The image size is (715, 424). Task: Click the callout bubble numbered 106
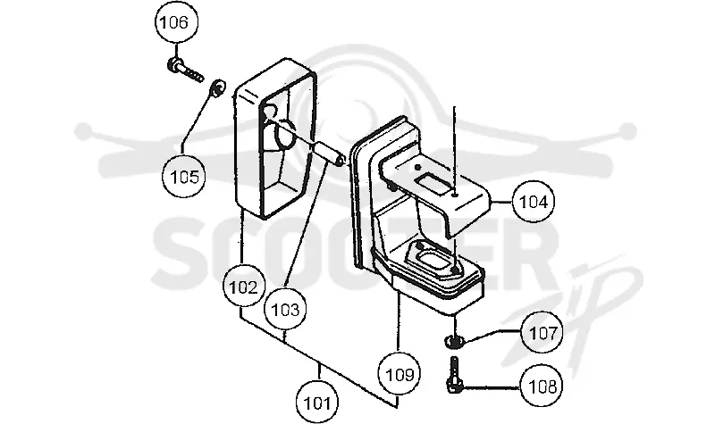(x=177, y=21)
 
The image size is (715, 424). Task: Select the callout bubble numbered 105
(x=183, y=176)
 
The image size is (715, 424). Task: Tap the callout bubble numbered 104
(x=533, y=202)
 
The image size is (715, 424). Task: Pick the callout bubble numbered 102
(x=243, y=287)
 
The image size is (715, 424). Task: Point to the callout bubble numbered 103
(x=285, y=310)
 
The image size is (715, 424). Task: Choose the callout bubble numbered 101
(x=317, y=403)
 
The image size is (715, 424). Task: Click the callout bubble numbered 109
(x=400, y=374)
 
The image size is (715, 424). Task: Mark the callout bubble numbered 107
(x=543, y=332)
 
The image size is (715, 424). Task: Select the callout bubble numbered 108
(x=542, y=387)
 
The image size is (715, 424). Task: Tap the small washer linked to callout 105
(x=217, y=87)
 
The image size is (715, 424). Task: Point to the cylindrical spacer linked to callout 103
(x=332, y=154)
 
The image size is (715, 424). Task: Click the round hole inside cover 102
(x=287, y=135)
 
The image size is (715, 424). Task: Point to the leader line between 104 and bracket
(x=500, y=202)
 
